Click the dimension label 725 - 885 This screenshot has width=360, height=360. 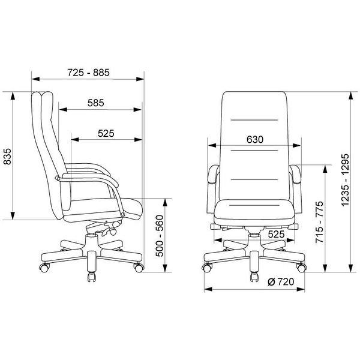(88, 73)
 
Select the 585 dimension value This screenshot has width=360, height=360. (96, 103)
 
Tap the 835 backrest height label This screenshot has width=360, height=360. (7, 157)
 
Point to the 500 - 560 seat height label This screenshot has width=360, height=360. (160, 236)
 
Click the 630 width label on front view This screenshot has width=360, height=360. (255, 139)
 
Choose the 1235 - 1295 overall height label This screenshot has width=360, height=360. (345, 181)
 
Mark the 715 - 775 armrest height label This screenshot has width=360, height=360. (319, 222)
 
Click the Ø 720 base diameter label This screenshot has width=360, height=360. (281, 282)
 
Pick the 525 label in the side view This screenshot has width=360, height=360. (106, 133)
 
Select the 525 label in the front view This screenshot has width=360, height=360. (276, 235)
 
